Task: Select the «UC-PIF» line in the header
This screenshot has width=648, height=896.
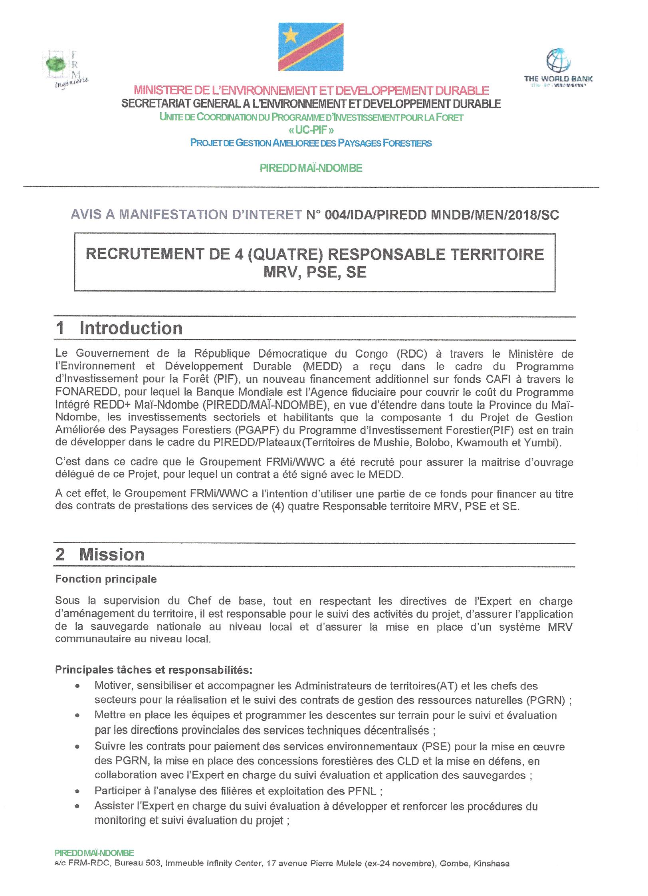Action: click(x=311, y=130)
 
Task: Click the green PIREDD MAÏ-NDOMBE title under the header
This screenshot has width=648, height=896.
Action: click(x=311, y=168)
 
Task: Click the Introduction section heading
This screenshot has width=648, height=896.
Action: click(x=131, y=328)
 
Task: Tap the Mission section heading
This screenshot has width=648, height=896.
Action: click(x=112, y=554)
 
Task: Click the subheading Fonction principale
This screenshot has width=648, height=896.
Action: click(x=106, y=579)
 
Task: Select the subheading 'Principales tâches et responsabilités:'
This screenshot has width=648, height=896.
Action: click(x=153, y=669)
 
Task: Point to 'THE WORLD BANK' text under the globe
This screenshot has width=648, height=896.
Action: click(x=558, y=79)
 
